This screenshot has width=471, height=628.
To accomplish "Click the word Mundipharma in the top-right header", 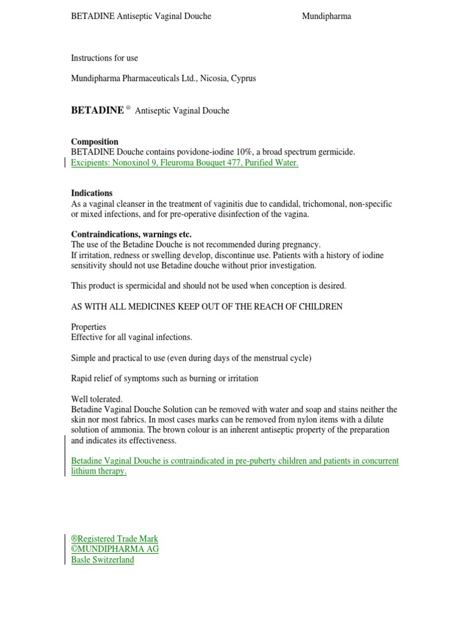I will point(326,17).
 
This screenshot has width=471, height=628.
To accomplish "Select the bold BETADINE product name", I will point(97,111).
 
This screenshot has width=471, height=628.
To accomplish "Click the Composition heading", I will point(94,142).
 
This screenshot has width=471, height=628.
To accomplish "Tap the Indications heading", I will point(91,193).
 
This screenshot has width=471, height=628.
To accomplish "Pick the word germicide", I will point(336,152).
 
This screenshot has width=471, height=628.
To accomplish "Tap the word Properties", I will point(88,327).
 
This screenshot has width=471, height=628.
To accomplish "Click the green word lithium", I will point(83,472).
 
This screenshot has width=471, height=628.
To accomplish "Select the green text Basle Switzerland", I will point(102,560).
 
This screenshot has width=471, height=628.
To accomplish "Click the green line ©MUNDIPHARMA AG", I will point(115,549).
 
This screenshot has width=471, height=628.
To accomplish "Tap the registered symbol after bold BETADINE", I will point(129,109).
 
